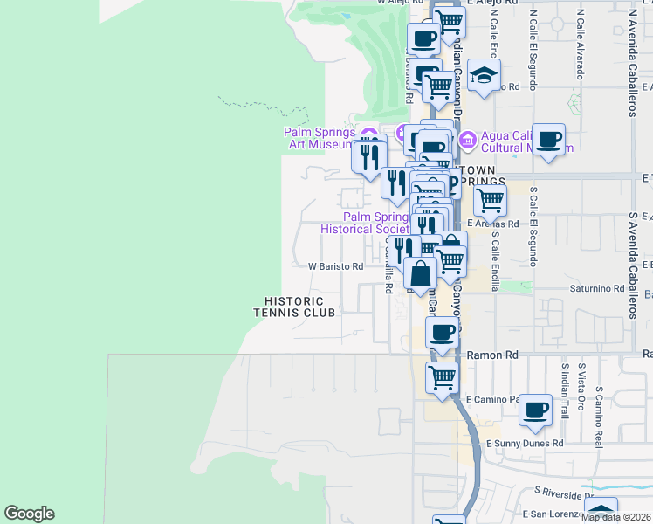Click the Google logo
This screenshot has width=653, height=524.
29,514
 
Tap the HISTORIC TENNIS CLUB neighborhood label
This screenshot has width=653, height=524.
294,307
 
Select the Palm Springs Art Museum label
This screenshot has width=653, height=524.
319,138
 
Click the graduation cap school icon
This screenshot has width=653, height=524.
484,76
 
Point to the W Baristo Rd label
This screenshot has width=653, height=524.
336,266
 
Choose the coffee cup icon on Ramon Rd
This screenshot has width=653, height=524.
443,333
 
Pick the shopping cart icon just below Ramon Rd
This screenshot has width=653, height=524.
443,379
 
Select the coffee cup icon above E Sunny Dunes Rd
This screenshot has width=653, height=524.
535,409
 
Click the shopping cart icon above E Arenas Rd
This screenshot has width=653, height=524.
490,200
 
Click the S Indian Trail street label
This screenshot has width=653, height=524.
566,390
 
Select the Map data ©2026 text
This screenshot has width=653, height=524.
616,516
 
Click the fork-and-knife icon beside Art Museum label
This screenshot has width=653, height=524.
370,155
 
